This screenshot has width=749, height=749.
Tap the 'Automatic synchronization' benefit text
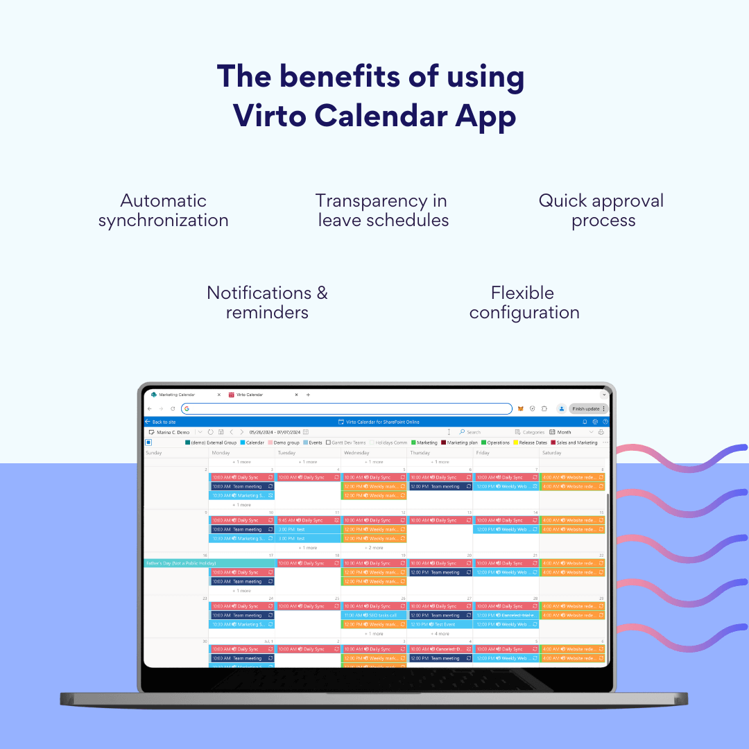pos(163,211)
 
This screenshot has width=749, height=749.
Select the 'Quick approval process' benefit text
pos(601,211)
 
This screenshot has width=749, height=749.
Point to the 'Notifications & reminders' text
pos(267,302)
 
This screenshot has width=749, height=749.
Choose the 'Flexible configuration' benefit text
pos(524,302)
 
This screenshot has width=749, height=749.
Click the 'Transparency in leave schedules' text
pos(382,211)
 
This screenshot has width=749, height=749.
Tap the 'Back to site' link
pos(164,422)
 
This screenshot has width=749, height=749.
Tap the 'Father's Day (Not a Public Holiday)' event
pos(181,563)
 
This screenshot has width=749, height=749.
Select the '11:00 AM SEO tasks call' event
pos(373,615)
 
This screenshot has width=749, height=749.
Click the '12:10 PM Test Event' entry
pos(439,624)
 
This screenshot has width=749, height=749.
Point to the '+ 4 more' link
pos(440,634)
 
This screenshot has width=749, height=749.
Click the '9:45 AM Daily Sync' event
pos(308,520)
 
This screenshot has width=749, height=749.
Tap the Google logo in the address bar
pos(187,408)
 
